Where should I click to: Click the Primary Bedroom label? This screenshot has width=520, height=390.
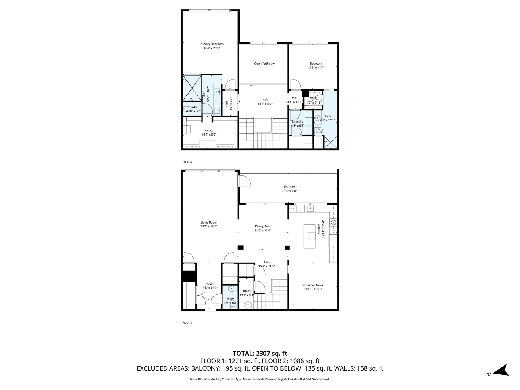(x=211, y=44)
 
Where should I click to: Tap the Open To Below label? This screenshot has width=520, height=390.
(x=264, y=64)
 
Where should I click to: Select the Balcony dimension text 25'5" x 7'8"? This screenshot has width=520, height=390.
(x=289, y=191)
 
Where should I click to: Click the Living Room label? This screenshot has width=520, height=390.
(x=208, y=222)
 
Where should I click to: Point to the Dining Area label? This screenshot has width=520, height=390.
(x=263, y=226)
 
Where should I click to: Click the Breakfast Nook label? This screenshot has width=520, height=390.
(x=313, y=285)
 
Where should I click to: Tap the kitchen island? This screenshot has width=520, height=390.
(x=311, y=236)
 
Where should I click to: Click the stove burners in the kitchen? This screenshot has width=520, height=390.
(x=333, y=222)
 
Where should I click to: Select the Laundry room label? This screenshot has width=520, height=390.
(x=298, y=121)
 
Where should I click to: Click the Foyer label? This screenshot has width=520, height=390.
(x=210, y=284)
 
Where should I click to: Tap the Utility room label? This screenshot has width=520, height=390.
(x=247, y=291)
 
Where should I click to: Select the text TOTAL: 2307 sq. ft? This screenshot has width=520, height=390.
(x=260, y=353)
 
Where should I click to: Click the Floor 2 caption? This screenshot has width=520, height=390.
(x=187, y=162)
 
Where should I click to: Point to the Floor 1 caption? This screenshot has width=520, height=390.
(x=187, y=322)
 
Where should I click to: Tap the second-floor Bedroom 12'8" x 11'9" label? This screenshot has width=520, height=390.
(x=316, y=64)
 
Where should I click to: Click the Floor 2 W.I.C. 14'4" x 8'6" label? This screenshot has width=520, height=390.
(x=208, y=130)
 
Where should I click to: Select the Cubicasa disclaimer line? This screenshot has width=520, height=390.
(x=260, y=379)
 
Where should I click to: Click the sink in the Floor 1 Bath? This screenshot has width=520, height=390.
(x=231, y=289)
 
